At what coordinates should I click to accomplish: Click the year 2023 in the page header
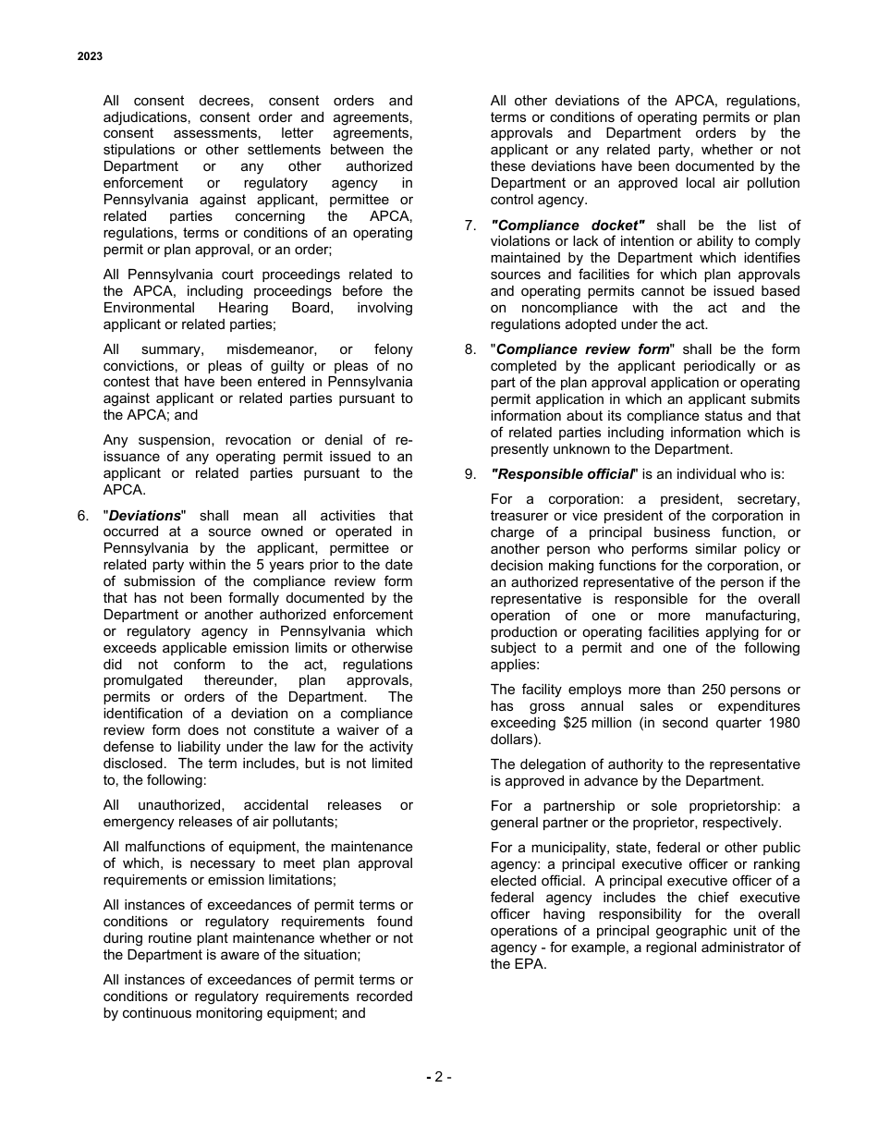tap(90, 56)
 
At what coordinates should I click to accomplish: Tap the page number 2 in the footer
tap(438, 1076)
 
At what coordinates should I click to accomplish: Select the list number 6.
tap(82, 516)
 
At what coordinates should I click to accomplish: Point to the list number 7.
tap(469, 226)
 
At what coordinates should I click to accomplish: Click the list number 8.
tap(469, 349)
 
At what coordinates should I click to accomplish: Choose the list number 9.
tap(469, 474)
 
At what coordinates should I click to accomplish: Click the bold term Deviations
tap(145, 516)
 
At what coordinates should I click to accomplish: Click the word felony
tap(394, 349)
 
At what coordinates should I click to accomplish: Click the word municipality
tap(561, 848)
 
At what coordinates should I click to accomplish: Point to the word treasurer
tap(521, 516)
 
